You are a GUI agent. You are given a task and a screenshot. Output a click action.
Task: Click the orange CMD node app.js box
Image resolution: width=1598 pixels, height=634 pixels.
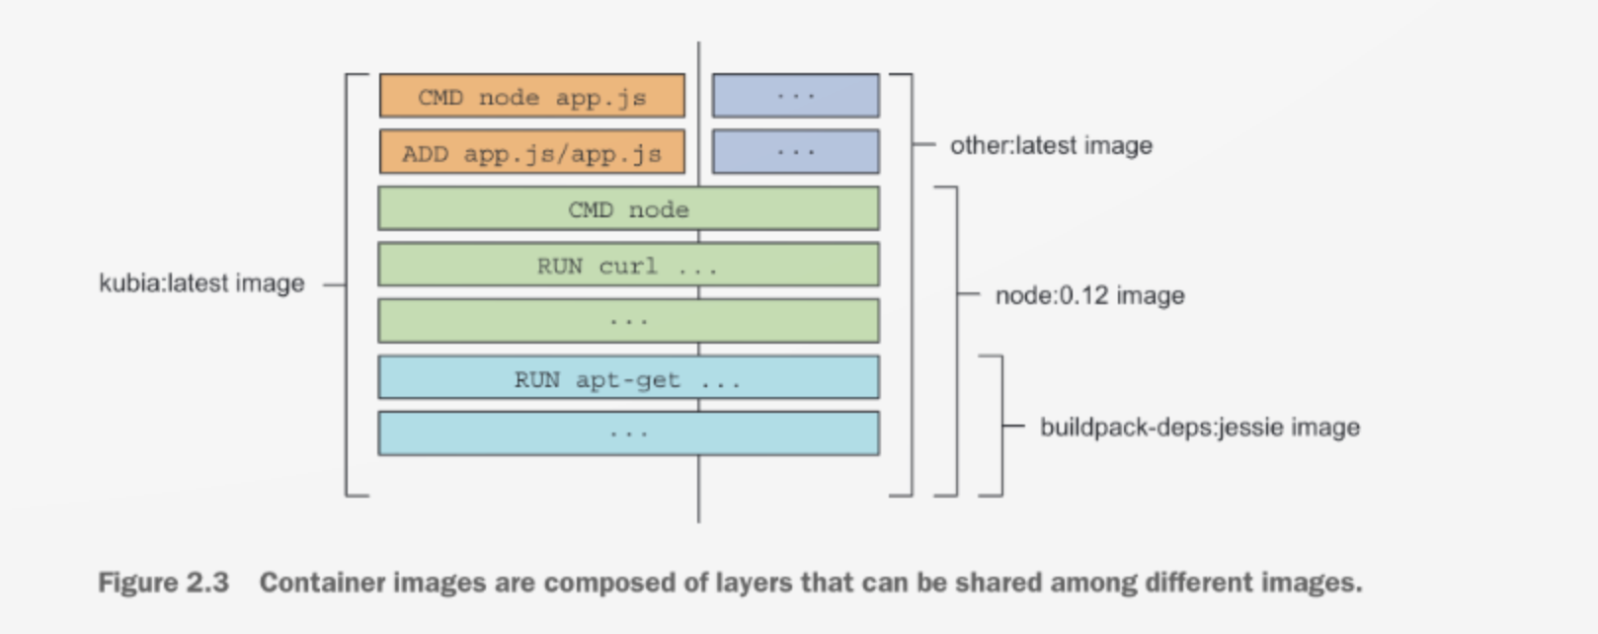pos(531,97)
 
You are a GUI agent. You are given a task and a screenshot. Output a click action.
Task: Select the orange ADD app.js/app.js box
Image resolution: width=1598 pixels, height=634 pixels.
pos(531,153)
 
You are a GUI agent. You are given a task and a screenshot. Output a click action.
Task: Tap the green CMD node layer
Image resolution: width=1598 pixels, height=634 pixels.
pos(628,209)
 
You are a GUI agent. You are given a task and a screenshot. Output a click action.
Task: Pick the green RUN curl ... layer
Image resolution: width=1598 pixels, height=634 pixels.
pos(628,266)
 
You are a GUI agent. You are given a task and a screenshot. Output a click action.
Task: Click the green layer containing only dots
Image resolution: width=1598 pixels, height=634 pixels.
pos(628,321)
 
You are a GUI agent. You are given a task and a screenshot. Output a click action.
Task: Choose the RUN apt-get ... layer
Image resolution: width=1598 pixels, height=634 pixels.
pos(628,379)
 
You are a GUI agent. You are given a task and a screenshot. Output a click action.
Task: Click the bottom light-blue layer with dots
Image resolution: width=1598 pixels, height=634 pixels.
pos(628,434)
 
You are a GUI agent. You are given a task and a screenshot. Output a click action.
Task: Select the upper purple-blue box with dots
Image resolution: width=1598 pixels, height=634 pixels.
pos(795,96)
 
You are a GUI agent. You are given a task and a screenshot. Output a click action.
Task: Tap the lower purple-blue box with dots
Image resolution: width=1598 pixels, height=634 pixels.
pos(795,152)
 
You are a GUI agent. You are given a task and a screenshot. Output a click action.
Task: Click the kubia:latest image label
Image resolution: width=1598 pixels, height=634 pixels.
pos(201,283)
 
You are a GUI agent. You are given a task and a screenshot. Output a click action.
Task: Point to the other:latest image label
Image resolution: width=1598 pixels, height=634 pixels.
pos(1051,145)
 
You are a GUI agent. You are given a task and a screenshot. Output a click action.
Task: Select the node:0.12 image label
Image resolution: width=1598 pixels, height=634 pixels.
pos(1089,295)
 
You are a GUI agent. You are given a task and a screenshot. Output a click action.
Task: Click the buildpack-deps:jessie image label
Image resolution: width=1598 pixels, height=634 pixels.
pos(1199,427)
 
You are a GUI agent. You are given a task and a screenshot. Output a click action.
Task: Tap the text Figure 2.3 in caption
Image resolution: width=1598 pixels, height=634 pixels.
pos(163,583)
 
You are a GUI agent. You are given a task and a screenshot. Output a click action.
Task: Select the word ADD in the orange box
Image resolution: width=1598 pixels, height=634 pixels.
pos(425,154)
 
